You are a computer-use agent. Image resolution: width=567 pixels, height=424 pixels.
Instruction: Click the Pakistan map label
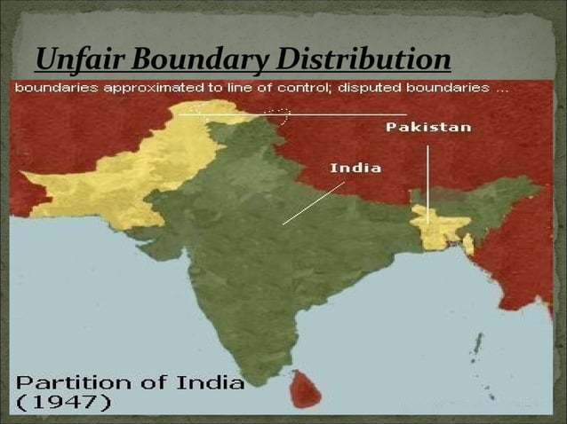tap(428, 128)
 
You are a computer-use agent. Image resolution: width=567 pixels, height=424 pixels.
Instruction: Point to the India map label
tap(355, 167)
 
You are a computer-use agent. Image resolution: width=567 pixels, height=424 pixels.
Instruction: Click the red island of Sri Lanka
tap(306, 388)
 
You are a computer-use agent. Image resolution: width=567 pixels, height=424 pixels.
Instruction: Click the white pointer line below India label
tap(313, 203)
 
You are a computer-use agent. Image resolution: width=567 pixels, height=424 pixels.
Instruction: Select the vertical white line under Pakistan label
tap(427, 182)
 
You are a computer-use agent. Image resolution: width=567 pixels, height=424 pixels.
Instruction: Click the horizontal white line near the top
tap(338, 114)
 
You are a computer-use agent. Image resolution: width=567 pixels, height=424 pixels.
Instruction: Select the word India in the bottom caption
tap(212, 383)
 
